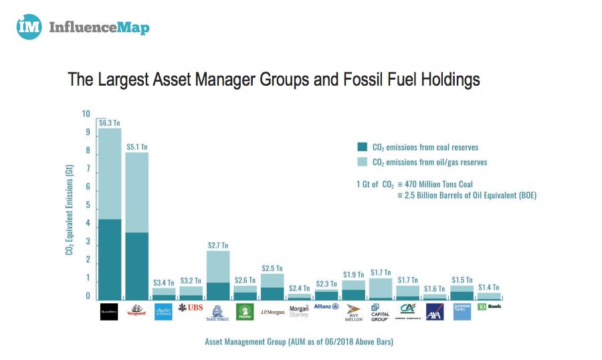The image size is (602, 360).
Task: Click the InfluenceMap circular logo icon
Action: point(29,27)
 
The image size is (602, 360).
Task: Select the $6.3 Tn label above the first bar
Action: point(109,122)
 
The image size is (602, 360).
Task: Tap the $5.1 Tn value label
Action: point(136,147)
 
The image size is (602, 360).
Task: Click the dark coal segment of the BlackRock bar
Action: point(109,259)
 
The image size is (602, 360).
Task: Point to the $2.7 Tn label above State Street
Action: point(218,246)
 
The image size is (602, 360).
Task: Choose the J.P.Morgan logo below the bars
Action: point(272,312)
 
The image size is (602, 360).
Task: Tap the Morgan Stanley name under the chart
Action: point(299,310)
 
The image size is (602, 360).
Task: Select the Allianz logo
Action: point(326,306)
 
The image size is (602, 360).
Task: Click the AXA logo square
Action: point(435,311)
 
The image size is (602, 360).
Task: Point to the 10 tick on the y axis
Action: point(86,114)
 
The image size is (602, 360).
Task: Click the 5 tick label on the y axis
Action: point(87,205)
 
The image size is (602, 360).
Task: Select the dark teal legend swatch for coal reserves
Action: point(363,147)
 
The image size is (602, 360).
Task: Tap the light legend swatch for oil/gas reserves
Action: point(363,162)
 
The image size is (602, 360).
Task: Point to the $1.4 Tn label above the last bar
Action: point(489,288)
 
